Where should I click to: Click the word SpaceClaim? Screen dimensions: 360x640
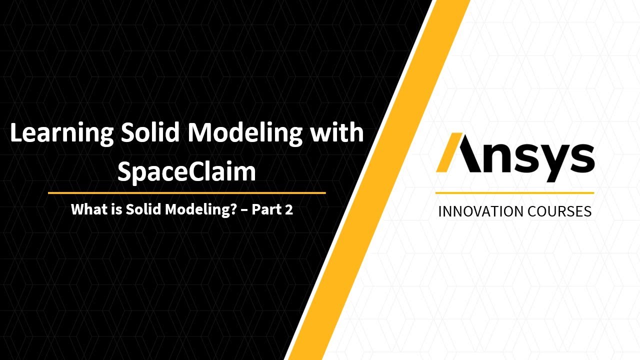pyautogui.click(x=186, y=171)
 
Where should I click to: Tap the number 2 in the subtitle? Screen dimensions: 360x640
pyautogui.click(x=288, y=209)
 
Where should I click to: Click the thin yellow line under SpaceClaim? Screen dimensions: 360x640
pyautogui.click(x=186, y=192)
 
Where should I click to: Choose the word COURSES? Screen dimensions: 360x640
pyautogui.click(x=553, y=211)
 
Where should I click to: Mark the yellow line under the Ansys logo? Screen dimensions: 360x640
pyautogui.click(x=514, y=192)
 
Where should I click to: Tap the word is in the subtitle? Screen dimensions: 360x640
pyautogui.click(x=117, y=209)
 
